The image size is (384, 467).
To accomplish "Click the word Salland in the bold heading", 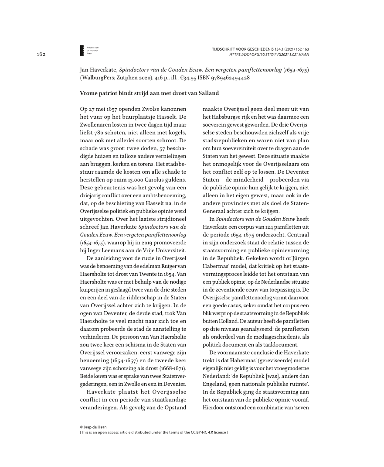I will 207,93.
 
